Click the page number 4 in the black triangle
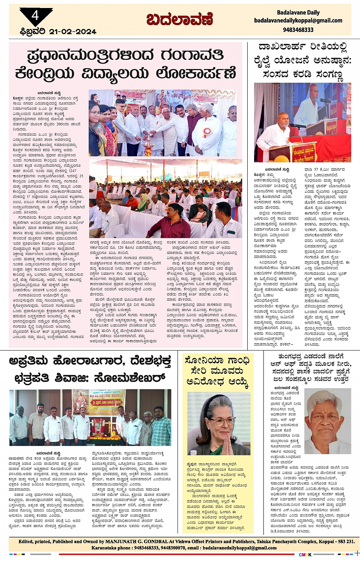pyautogui.click(x=35, y=15)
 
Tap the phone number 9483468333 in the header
pyautogui.click(x=298, y=30)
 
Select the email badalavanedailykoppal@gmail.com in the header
pyautogui.click(x=298, y=21)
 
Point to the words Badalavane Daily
pyautogui.click(x=298, y=13)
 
